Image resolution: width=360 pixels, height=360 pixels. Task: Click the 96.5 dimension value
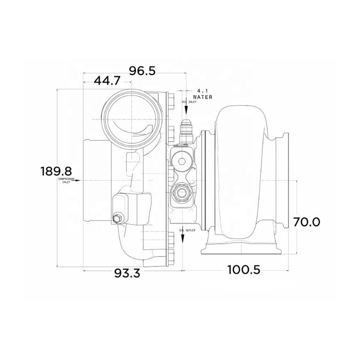coord(142,71)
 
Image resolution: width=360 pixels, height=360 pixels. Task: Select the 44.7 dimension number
coord(107,81)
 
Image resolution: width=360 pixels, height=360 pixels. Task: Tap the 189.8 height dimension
coord(56,171)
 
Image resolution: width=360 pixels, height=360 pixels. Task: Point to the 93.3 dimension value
coord(127,273)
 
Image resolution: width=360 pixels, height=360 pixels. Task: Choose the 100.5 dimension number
coord(244,270)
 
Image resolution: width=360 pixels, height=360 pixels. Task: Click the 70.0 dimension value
coord(306,222)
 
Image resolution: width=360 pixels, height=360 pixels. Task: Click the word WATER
coord(202,97)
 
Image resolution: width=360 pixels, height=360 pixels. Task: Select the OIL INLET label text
coord(189,102)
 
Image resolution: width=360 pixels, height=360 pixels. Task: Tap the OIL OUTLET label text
coord(187,230)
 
